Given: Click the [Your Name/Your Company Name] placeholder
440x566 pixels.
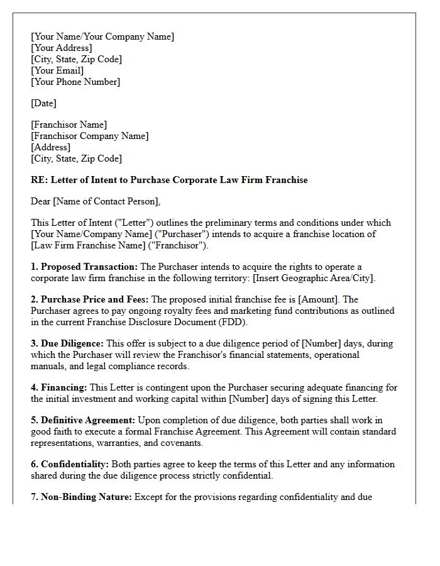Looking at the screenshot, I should pyautogui.click(x=102, y=36).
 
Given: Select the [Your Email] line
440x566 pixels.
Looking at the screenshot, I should pyautogui.click(x=57, y=70).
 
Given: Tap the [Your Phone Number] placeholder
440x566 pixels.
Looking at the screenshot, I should pyautogui.click(x=75, y=82).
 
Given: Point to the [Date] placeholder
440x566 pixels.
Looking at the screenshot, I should pyautogui.click(x=43, y=103).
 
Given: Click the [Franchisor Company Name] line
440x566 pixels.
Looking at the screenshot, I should pyautogui.click(x=90, y=136).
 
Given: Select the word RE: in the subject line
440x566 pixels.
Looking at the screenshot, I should pyautogui.click(x=39, y=180).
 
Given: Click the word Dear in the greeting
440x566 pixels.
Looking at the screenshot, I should pyautogui.click(x=41, y=201).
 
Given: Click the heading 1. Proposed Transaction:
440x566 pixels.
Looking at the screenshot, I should pyautogui.click(x=84, y=267).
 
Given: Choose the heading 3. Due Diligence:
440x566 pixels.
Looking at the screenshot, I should pyautogui.click(x=67, y=343).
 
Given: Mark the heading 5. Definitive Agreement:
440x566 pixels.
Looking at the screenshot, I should pyautogui.click(x=83, y=420).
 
